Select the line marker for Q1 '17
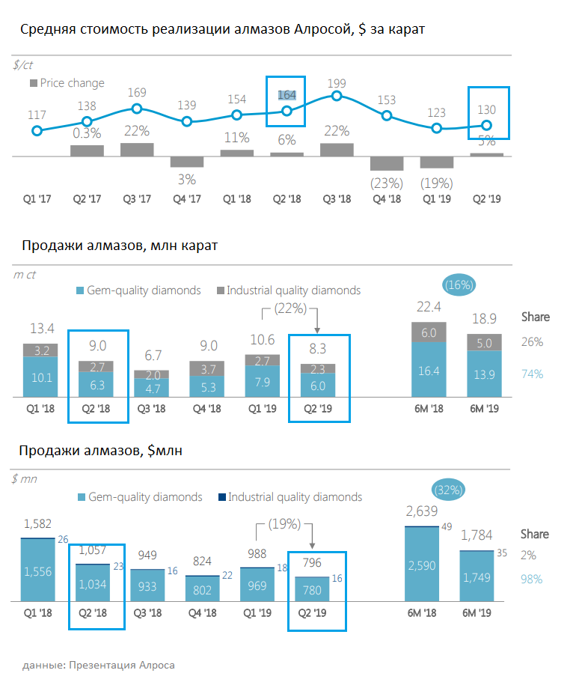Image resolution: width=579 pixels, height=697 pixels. pyautogui.click(x=37, y=130)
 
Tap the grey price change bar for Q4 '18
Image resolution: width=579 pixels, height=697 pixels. pyautogui.click(x=386, y=163)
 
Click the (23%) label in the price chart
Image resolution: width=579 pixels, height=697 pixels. pyautogui.click(x=386, y=182)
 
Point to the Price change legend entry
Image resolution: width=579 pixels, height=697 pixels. pyautogui.click(x=67, y=83)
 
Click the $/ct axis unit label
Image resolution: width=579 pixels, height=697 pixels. pyautogui.click(x=24, y=65)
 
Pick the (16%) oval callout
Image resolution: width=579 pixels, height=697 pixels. pyautogui.click(x=458, y=285)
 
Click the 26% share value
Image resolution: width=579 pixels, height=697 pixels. pyautogui.click(x=531, y=342)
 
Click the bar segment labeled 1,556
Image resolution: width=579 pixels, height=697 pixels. pyautogui.click(x=37, y=571)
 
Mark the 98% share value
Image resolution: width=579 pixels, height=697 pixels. pyautogui.click(x=531, y=579)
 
